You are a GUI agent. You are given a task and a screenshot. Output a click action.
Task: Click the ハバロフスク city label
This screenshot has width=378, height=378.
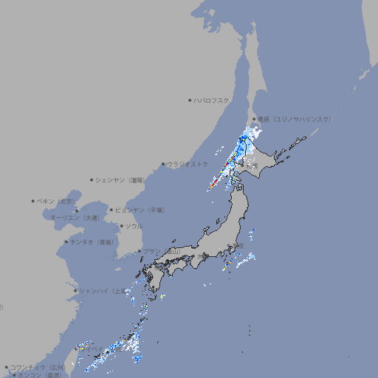pyautogui.click(x=212, y=100)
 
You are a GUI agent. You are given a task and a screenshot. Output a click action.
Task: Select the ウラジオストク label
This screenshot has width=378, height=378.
pyautogui.click(x=188, y=164)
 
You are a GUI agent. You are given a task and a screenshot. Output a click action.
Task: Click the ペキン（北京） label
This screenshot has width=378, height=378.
pyautogui.click(x=56, y=201)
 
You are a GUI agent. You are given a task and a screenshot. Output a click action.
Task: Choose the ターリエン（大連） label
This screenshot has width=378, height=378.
pyautogui.click(x=75, y=218)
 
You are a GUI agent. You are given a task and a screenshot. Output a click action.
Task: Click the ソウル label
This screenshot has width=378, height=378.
pyautogui.click(x=134, y=226)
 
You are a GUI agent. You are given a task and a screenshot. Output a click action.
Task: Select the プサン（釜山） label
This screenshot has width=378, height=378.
pyautogui.click(x=162, y=251)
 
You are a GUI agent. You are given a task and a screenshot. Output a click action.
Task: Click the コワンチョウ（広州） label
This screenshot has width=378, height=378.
pyautogui.click(x=38, y=367)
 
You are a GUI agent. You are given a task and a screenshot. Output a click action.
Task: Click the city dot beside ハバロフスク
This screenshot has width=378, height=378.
pyautogui.click(x=190, y=100)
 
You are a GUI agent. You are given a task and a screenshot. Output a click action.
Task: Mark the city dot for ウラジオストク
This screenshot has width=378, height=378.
pyautogui.click(x=163, y=164)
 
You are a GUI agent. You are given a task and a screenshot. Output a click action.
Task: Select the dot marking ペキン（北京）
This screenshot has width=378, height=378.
pyautogui.click(x=33, y=201)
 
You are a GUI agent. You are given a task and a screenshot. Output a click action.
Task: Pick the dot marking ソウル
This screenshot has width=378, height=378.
pyautogui.click(x=121, y=226)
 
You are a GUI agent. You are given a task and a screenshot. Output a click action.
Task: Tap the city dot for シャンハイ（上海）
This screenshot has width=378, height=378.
pyautogui.click(x=75, y=290)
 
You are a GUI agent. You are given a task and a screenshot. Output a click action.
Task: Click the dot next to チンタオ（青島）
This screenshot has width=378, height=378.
pyautogui.click(x=66, y=241)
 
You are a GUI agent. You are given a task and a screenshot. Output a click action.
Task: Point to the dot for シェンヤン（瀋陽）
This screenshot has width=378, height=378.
pyautogui.click(x=92, y=179)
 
